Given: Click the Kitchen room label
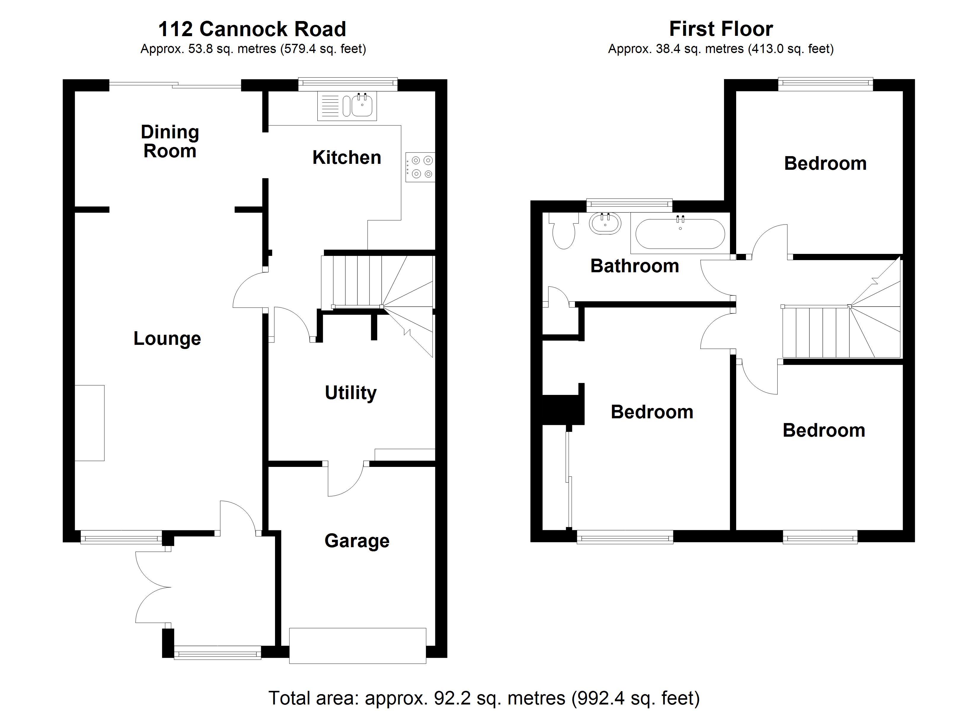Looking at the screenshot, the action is pyautogui.click(x=347, y=158).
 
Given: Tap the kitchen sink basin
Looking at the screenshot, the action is pyautogui.click(x=362, y=106).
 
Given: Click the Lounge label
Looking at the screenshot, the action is pyautogui.click(x=167, y=339).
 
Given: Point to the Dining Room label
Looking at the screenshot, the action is pyautogui.click(x=170, y=141).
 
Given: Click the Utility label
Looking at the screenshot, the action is pyautogui.click(x=351, y=393).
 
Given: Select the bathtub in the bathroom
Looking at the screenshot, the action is pyautogui.click(x=680, y=234).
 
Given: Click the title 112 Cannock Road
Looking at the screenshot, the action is pyautogui.click(x=252, y=29).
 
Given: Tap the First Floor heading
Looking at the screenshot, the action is pyautogui.click(x=721, y=29).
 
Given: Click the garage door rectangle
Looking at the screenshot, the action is pyautogui.click(x=357, y=646).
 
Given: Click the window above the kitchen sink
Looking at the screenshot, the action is pyautogui.click(x=348, y=84).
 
